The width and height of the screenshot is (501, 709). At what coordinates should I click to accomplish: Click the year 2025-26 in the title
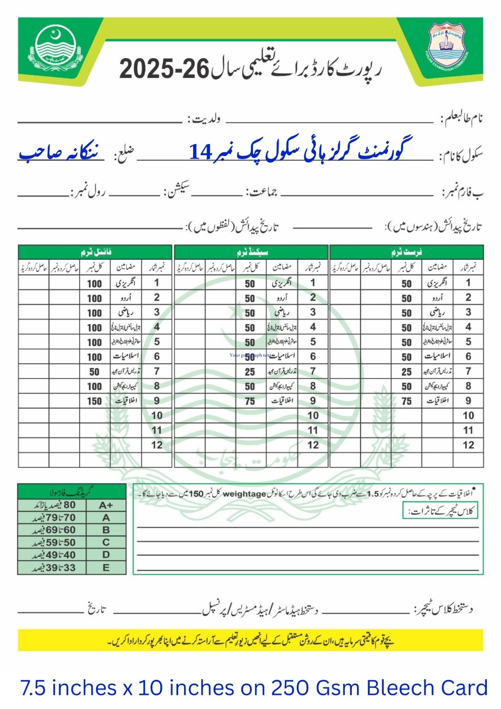pos(164,70)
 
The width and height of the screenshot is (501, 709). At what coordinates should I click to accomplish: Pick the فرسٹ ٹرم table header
pos(406,252)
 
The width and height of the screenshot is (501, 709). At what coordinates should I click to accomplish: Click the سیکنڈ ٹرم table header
pos(252,252)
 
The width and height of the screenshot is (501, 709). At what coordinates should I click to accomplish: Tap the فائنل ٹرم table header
pos(96,252)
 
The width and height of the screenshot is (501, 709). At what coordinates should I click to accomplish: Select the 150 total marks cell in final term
pos(94,401)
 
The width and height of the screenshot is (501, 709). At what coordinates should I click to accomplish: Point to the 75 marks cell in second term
pos(250,401)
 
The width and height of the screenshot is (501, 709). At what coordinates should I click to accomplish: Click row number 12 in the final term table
pos(157,445)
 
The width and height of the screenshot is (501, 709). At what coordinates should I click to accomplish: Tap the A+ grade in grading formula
pos(106,505)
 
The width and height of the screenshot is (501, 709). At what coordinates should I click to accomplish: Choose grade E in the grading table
pos(106,568)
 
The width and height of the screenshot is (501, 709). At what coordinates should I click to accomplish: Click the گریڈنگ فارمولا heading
pos(72,491)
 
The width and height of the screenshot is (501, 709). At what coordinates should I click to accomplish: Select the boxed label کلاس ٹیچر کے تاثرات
pos(440,511)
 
